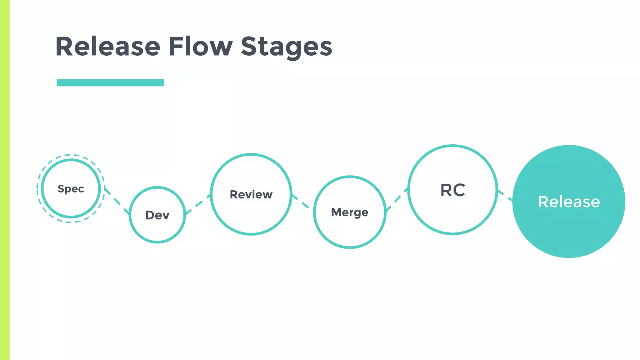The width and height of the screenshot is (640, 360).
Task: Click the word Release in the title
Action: (x=108, y=47)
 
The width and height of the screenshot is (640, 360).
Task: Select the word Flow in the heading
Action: (x=200, y=47)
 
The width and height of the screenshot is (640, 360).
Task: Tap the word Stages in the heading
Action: (x=286, y=47)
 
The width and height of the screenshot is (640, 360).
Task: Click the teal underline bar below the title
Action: (x=110, y=82)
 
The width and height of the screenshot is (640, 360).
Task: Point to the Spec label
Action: (x=71, y=189)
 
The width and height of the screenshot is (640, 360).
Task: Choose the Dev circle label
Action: (x=157, y=215)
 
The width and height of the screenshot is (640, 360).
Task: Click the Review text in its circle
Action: (x=251, y=194)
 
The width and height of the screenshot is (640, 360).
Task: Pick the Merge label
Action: (x=350, y=212)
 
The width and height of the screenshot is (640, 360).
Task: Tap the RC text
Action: (x=453, y=190)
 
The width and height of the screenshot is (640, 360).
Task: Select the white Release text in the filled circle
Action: (x=569, y=202)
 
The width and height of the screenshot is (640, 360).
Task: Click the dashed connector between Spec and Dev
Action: (x=117, y=201)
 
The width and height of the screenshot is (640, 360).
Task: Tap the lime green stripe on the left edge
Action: (x=5, y=180)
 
